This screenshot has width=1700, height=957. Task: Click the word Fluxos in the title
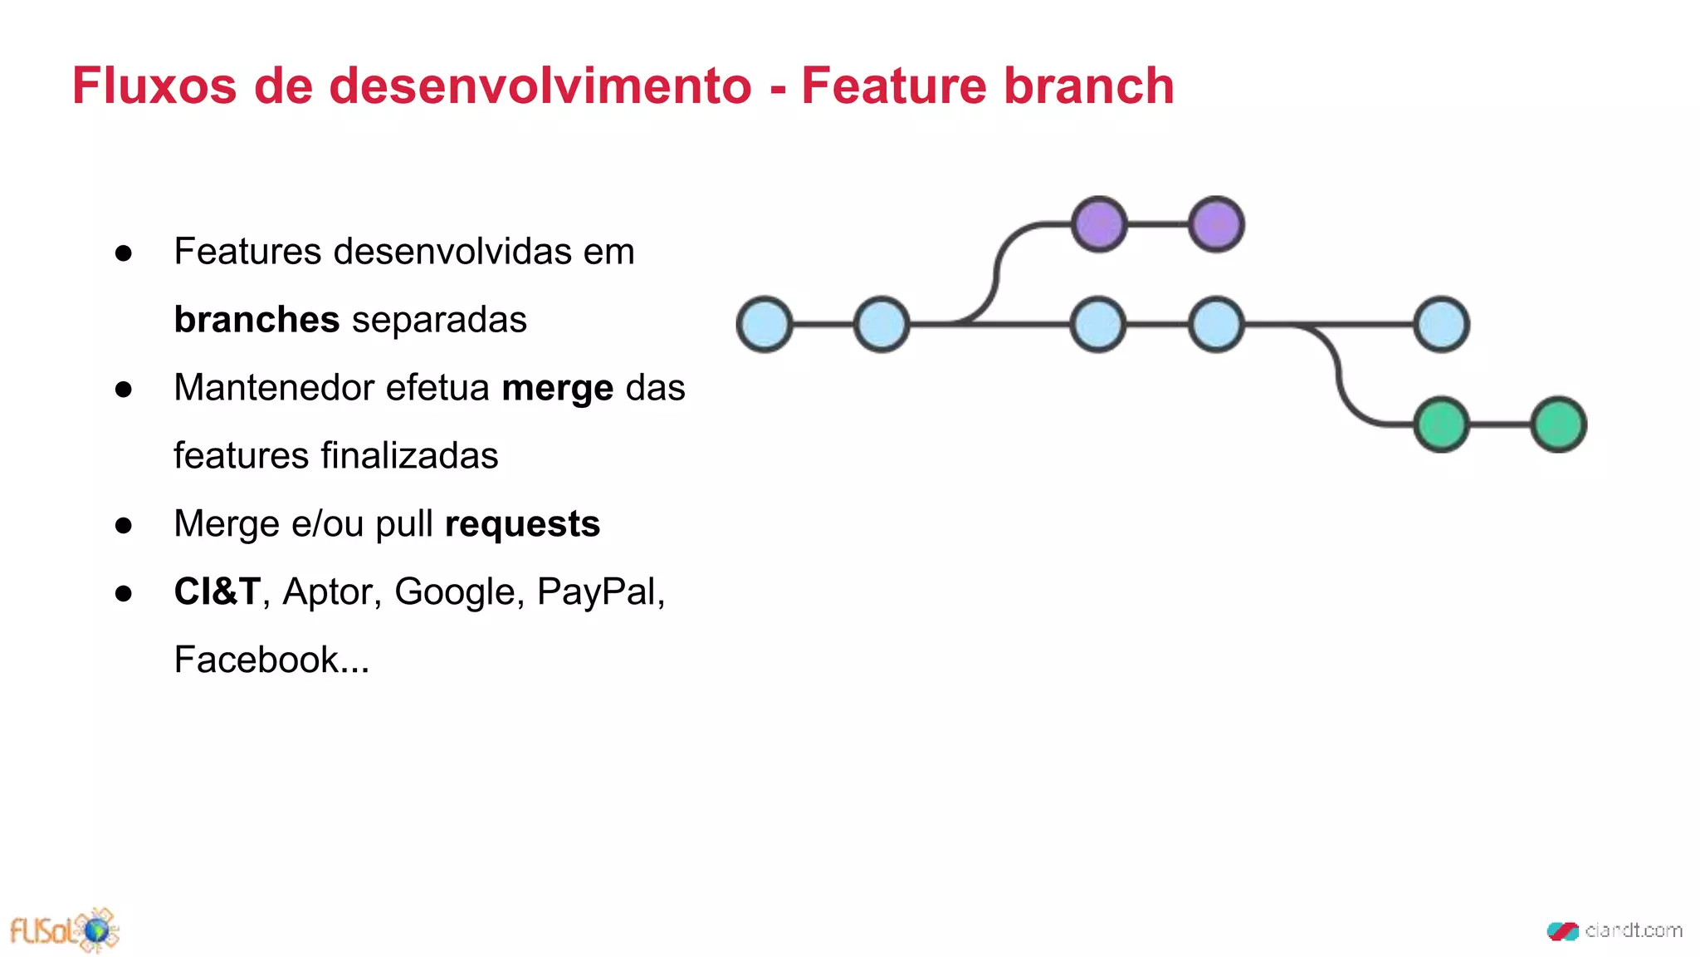tap(154, 86)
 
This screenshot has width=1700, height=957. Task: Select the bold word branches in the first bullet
tap(256, 320)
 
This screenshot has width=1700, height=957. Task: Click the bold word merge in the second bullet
tap(558, 389)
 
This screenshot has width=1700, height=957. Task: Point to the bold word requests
tap(522, 524)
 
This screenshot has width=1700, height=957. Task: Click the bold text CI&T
tap(217, 592)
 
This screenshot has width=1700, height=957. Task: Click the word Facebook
tap(256, 660)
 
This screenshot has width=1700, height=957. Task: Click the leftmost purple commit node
tap(1099, 224)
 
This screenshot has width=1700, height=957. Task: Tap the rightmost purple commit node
tap(1216, 224)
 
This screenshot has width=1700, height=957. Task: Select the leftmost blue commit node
tap(765, 324)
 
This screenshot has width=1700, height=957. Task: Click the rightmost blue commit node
tap(1442, 324)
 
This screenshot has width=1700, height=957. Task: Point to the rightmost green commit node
tap(1559, 425)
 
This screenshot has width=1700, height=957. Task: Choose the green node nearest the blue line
tap(1442, 425)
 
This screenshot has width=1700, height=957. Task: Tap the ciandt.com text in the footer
tap(1633, 930)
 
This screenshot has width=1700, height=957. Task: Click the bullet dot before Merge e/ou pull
tap(124, 525)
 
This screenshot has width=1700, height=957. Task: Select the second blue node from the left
tap(882, 324)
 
